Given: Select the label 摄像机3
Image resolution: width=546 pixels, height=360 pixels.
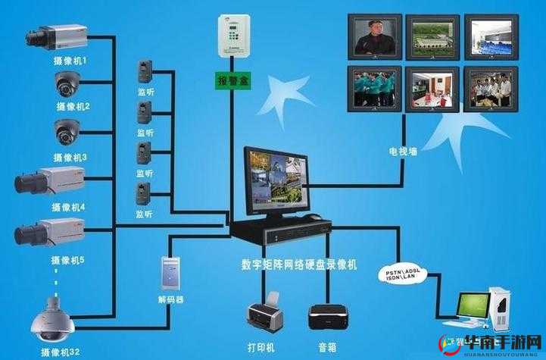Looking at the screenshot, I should [71, 157].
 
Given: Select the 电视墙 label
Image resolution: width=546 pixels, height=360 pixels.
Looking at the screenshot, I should [402, 151].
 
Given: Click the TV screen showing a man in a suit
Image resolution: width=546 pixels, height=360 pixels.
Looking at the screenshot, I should [373, 37].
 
